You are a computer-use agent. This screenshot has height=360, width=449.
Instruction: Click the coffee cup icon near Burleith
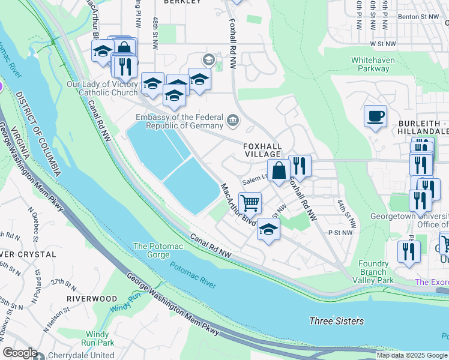click(376, 116)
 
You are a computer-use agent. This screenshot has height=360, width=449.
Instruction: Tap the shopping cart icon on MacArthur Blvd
click(250, 202)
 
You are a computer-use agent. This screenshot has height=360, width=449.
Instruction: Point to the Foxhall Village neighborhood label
click(262, 150)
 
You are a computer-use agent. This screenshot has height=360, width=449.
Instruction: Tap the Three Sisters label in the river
click(336, 321)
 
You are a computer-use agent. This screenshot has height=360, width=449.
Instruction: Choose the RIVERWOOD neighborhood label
click(92, 298)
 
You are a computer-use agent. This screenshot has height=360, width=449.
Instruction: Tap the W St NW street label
click(383, 44)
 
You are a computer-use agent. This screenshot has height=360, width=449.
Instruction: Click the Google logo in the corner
click(20, 353)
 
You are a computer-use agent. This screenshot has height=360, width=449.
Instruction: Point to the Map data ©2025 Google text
click(411, 355)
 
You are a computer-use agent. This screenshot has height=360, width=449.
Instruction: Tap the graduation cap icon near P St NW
click(269, 230)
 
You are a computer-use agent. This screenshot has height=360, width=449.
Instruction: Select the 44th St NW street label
click(346, 214)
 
